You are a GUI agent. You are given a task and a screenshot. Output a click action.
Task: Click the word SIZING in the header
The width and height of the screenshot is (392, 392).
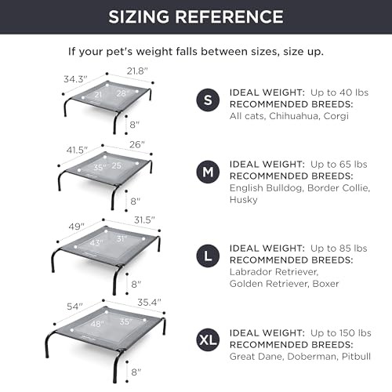click(x=139, y=16)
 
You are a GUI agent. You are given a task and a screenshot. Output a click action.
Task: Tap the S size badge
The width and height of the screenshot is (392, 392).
click(x=208, y=100)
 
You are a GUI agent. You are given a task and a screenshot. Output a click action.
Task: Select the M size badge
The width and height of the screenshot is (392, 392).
click(x=208, y=172)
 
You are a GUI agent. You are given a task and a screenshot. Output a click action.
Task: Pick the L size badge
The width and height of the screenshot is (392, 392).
click(x=208, y=256)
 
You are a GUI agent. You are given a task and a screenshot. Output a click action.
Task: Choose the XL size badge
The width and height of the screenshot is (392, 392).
click(x=208, y=340)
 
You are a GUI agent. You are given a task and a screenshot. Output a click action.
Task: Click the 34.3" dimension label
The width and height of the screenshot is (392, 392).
click(x=75, y=79)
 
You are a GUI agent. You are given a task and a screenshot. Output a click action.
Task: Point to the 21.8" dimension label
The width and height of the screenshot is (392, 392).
click(x=137, y=71)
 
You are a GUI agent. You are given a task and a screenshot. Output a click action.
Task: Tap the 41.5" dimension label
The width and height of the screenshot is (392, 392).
click(x=77, y=150)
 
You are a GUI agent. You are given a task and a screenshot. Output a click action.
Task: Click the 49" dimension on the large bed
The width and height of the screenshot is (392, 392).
click(x=77, y=227)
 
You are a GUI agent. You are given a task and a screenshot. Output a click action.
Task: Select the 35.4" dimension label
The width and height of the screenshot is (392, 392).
click(x=149, y=303)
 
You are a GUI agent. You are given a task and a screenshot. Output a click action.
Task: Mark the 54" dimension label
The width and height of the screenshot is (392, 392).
click(x=74, y=307)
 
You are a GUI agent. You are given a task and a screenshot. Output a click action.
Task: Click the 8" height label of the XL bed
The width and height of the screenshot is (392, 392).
click(x=136, y=372)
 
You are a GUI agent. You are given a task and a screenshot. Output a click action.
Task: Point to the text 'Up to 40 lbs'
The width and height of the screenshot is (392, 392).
click(x=339, y=93)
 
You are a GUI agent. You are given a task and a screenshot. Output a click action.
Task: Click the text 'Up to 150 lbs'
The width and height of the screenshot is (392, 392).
click(x=341, y=333)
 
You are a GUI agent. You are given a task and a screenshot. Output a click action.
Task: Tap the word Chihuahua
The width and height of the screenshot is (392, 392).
click(x=294, y=116)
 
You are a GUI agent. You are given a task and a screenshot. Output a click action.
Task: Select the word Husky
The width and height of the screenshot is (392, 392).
click(x=244, y=200)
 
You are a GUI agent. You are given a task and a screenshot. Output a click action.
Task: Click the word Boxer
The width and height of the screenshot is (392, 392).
click(x=326, y=284)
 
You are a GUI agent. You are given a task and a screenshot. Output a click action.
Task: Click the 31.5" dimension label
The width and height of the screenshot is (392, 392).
click(x=144, y=220)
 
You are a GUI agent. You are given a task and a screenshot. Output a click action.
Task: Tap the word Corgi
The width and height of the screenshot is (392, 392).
click(x=336, y=116)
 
